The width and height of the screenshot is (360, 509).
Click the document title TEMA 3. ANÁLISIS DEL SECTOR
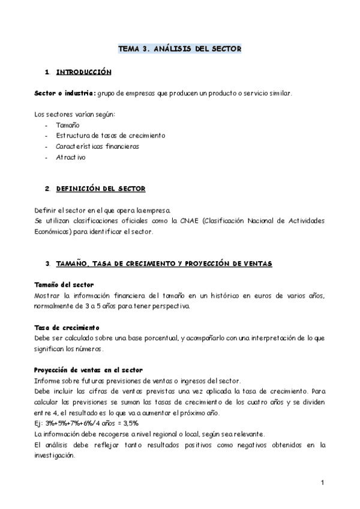tap(179, 49)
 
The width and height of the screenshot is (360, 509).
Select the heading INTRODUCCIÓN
tap(83, 72)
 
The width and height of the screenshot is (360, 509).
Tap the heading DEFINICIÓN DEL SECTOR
tap(100, 188)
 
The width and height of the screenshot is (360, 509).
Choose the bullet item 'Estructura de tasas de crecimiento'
tap(110, 136)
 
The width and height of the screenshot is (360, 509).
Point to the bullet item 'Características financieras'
tap(97, 146)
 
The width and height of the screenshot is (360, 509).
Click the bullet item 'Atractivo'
tap(71, 157)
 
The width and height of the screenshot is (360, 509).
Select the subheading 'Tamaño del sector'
tap(63, 284)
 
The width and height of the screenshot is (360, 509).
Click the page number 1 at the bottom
tap(322, 483)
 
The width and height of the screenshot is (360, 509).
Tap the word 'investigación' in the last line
tap(55, 455)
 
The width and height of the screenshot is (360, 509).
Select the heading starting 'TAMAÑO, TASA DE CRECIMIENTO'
tap(163, 264)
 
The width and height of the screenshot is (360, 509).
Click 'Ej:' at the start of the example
tap(39, 423)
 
